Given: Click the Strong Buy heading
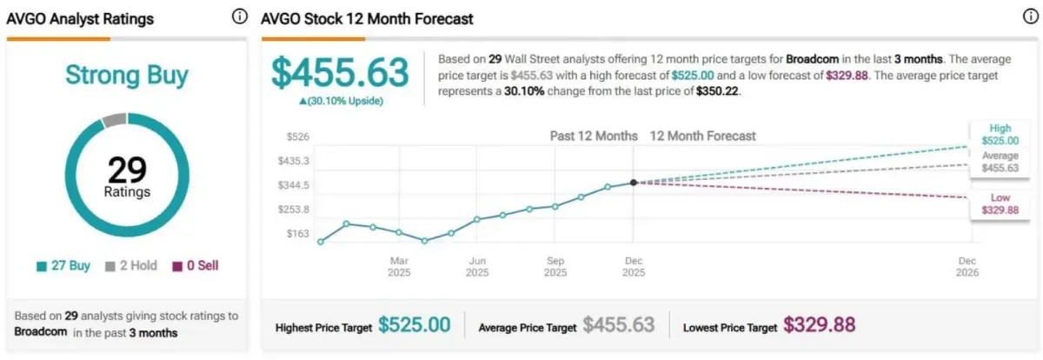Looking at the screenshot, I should coord(127,76).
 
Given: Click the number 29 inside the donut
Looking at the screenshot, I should coord(127,169).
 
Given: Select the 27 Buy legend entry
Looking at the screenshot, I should coord(63,266).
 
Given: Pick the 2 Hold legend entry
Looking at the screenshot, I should coord(130,266).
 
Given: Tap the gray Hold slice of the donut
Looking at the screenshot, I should coord(114,120).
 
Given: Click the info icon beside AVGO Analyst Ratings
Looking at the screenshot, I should coord(239,17).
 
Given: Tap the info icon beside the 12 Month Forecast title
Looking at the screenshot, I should coord(1030,17).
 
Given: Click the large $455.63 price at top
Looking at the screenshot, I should coord(340,73).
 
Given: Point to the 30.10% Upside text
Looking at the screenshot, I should coord(341,101).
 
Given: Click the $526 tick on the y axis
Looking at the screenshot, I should coord(298,137).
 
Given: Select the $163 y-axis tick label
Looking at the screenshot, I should coord(298,234).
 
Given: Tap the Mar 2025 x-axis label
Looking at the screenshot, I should coord(399,266).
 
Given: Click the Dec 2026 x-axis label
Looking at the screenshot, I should coord(967,266).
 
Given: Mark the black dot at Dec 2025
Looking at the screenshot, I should coord(633,183).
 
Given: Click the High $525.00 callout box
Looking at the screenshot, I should coord(1000,135).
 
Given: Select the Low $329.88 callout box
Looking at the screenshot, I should coord(1000,203).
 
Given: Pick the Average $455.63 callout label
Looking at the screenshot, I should coord(1000,162).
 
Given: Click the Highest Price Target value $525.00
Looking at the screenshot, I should coord(414,325).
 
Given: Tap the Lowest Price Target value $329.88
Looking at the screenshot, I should coord(819,325).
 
